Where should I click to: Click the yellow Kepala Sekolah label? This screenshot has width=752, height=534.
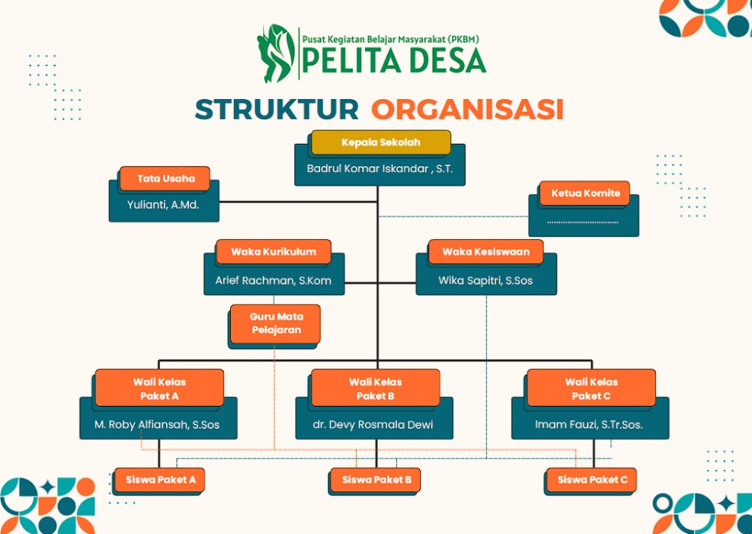tap(381, 142)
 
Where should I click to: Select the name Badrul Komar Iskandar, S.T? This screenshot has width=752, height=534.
tap(380, 169)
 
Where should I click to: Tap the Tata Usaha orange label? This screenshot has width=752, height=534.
tap(165, 178)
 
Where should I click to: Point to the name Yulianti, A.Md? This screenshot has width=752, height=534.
tap(163, 205)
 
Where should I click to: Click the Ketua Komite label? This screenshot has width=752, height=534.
tap(585, 193)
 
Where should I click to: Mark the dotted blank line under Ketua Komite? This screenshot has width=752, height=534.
tap(583, 222)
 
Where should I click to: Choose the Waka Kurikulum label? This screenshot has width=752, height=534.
tap(274, 252)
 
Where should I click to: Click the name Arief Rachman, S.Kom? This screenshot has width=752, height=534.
tap(273, 280)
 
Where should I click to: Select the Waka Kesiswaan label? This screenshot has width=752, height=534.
tap(486, 252)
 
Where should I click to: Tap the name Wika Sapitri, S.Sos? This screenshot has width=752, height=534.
tap(486, 280)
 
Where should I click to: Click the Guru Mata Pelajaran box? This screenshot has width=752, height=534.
tap(276, 324)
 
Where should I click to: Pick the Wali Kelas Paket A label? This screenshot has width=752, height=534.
tap(159, 388)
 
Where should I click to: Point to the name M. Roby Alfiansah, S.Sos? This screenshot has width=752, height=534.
tap(157, 425)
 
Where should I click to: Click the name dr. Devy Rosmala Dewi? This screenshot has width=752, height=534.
tap(373, 425)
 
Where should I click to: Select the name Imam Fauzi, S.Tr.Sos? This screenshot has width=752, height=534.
tap(588, 425)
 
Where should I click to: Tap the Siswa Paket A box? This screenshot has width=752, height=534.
tap(160, 480)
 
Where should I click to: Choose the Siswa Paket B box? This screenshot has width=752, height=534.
tap(376, 480)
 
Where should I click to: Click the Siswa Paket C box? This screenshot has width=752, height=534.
tap(592, 480)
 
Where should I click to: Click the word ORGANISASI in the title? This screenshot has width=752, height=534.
tap(467, 109)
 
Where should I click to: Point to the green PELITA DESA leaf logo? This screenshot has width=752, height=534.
tap(275, 53)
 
